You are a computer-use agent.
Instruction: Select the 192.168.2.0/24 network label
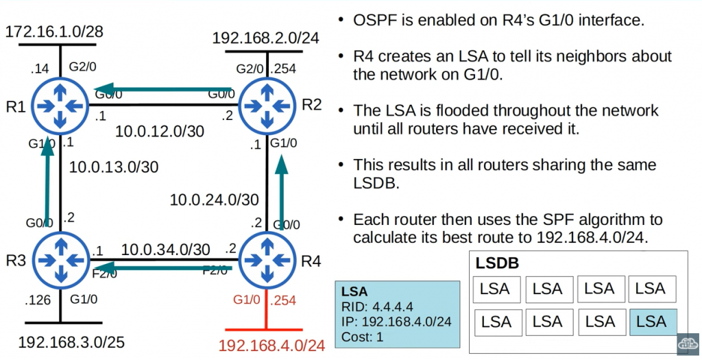click(x=266, y=38)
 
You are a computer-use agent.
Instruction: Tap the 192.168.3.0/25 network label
click(x=71, y=341)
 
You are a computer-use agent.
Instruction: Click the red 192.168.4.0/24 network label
click(x=271, y=345)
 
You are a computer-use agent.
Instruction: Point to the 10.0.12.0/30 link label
click(x=159, y=130)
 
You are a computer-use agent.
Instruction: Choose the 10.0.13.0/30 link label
click(x=114, y=166)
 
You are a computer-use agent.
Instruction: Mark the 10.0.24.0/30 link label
click(x=215, y=200)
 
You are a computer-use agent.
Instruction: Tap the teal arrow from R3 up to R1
click(x=47, y=178)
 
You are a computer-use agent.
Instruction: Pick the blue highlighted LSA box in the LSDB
click(x=651, y=322)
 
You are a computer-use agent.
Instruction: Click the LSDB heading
click(x=497, y=263)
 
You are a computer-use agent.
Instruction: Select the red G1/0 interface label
click(x=246, y=300)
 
